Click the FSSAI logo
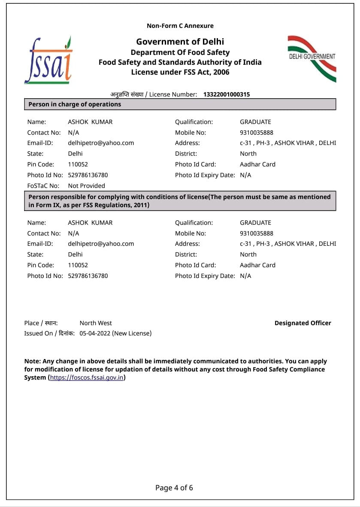tap(48, 60)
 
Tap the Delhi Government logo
tap(312, 59)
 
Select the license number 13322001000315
tap(226, 94)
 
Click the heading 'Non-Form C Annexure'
tap(180, 26)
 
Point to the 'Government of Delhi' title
tap(180, 42)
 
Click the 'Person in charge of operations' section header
tap(75, 104)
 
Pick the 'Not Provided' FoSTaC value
tap(86, 186)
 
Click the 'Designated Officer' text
tap(303, 323)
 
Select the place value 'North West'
tap(96, 323)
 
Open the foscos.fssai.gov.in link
tap(87, 377)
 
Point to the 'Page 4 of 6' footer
tap(174, 488)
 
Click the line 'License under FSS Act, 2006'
tap(180, 72)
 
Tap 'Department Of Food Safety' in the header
tap(180, 52)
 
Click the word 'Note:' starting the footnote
tap(33, 361)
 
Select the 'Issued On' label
tap(39, 333)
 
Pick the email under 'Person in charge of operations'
tap(101, 143)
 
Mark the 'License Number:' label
tap(173, 94)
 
